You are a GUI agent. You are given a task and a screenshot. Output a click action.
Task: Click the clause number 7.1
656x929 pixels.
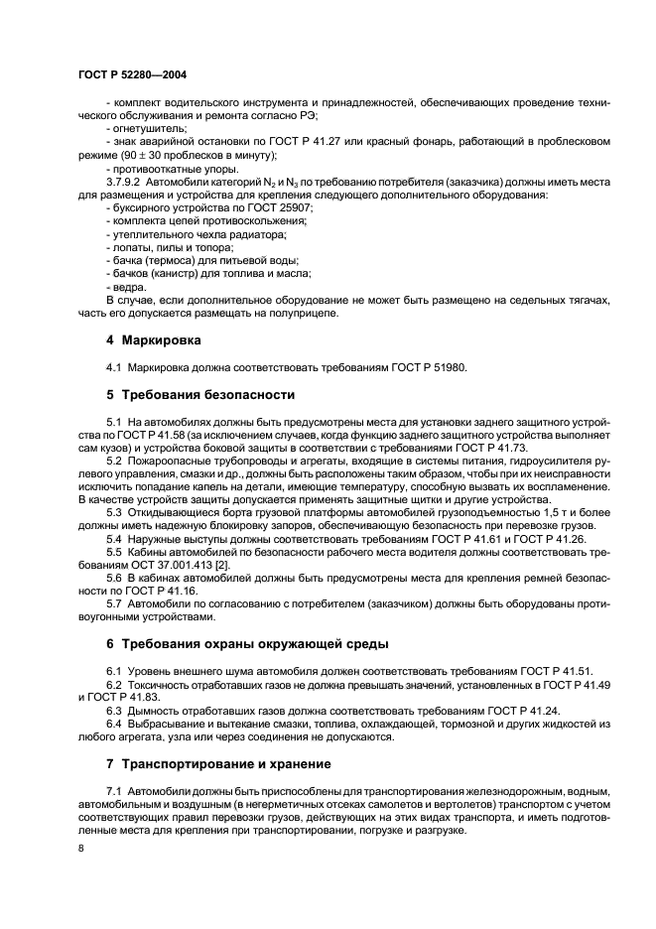(113, 790)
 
